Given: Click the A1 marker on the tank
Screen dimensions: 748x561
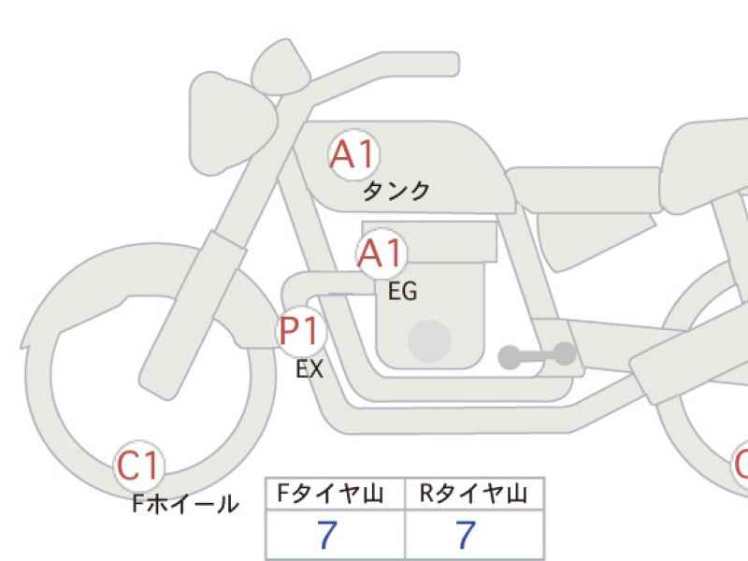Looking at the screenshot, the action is [x=354, y=154].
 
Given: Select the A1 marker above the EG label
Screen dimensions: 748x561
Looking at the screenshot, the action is [x=381, y=253].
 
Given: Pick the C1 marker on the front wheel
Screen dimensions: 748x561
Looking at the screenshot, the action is [x=138, y=466].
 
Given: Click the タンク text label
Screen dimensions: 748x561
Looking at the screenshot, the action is [x=396, y=192].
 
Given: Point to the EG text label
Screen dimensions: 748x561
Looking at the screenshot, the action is [x=403, y=291].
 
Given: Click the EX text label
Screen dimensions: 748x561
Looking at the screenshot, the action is [x=309, y=368].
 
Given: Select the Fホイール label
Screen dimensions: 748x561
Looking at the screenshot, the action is [x=185, y=504].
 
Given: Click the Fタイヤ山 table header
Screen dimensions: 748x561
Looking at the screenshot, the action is [x=331, y=494].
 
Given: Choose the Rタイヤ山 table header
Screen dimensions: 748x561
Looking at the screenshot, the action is [x=473, y=494].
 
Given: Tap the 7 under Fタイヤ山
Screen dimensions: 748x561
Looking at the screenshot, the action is [x=327, y=535].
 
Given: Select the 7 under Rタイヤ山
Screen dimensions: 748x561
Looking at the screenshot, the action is [x=466, y=535].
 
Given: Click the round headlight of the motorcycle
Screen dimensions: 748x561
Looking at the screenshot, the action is [x=233, y=123].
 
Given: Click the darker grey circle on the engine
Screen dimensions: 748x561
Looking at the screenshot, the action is [x=429, y=341].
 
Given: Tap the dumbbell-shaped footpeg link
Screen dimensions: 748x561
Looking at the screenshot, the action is [x=537, y=356].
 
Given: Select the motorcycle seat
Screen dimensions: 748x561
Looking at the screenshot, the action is [x=584, y=190].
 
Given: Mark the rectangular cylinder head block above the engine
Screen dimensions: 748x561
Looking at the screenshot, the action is [x=429, y=241].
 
